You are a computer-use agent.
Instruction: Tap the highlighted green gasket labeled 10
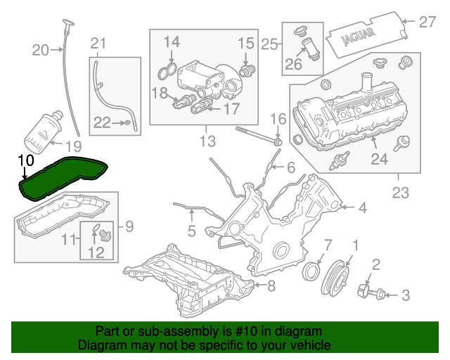63,179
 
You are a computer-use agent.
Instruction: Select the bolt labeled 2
367,290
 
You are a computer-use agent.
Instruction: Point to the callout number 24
378,160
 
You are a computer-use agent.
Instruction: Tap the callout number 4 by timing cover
362,207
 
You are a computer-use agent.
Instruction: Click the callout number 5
192,230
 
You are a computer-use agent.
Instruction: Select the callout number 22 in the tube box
102,123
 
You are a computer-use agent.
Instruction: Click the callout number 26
292,67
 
